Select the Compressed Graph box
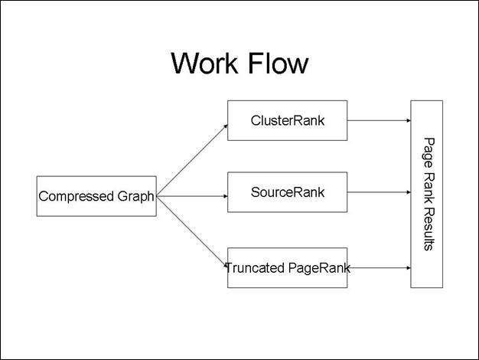(x=96, y=196)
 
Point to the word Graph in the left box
(x=136, y=196)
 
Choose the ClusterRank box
(x=287, y=120)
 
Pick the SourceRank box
(x=287, y=191)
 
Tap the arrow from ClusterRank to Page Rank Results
(x=379, y=120)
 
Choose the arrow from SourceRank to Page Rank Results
(x=379, y=192)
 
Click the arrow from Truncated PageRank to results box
(x=379, y=267)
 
